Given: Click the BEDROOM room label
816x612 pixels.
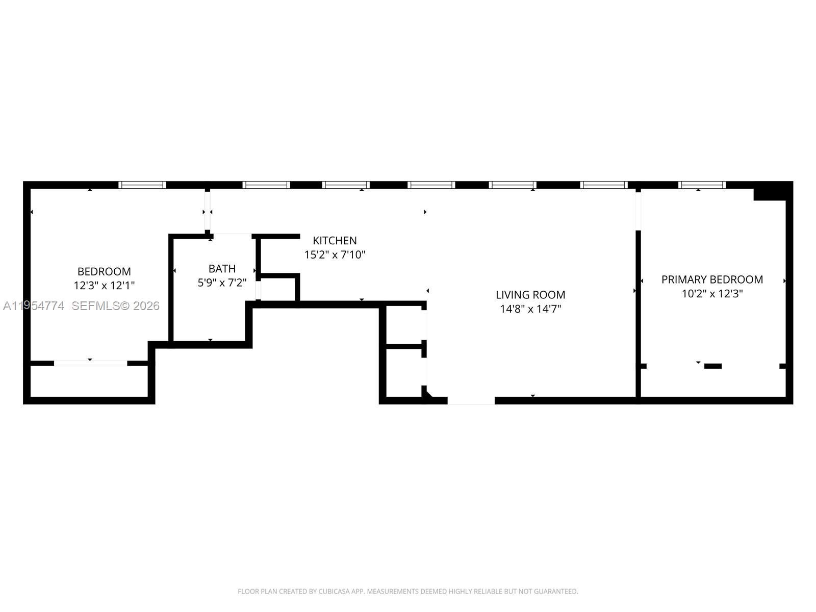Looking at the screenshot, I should pos(104,271).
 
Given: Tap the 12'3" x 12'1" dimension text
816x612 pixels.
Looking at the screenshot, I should pos(104,286).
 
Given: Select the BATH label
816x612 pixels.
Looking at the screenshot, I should pos(222,268).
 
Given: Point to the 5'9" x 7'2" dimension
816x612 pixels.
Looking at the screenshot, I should pos(222,283).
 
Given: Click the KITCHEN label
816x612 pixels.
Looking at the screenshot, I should pos(335,240).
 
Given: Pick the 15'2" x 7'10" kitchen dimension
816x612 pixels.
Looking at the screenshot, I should pos(335,254).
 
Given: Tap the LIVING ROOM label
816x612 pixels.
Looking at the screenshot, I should pos(530,295).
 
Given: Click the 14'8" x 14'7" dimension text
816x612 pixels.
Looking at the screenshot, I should pos(530,309).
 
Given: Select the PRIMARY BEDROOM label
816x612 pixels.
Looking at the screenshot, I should pos(712,279).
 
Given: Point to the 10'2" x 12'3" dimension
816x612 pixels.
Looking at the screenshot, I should pos(712,294).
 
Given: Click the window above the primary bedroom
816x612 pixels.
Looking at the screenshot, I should pos(702,185).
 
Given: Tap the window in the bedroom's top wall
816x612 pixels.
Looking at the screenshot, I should pos(142,185).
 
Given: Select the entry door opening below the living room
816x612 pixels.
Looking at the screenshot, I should pos(471,401).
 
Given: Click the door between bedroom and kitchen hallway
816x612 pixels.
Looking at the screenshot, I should pos(208,211).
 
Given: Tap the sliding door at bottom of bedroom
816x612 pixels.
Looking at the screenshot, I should pos(90,363).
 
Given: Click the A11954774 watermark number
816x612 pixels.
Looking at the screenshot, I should pos(34,306).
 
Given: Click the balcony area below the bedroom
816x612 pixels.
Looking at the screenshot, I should pos(89,381).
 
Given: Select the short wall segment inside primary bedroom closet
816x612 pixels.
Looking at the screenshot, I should pos(712,366).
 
